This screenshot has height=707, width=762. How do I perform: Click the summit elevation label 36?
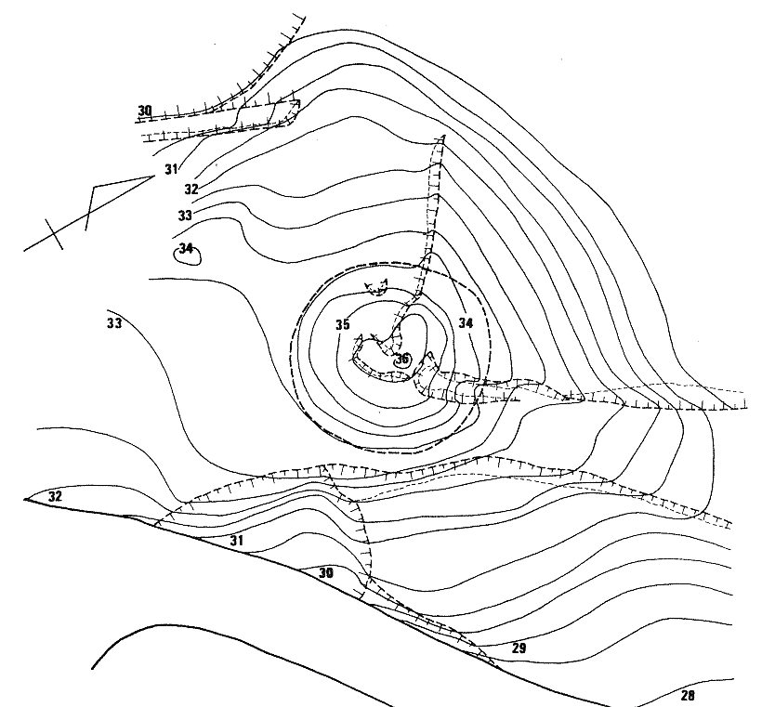point(401,360)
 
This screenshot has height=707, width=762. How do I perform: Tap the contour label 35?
point(343,324)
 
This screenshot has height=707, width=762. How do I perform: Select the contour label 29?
point(519,648)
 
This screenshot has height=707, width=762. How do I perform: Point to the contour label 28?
point(687,695)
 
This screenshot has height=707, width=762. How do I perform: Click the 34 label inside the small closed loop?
point(186,249)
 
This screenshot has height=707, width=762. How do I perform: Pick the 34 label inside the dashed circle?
point(466,322)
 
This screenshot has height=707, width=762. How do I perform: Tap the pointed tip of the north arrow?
point(153,177)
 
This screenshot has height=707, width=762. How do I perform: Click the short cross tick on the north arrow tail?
point(54,234)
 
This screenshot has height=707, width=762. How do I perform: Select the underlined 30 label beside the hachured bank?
point(145,111)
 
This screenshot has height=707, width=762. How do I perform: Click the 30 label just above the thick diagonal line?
point(326,573)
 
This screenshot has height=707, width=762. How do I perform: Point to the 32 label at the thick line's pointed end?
point(55,496)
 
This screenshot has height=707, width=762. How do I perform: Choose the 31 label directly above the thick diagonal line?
point(237,541)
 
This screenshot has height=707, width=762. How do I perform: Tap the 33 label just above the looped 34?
point(185,216)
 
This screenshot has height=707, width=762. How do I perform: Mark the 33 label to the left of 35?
point(114,323)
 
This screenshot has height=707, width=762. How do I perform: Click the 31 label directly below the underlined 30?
point(171,169)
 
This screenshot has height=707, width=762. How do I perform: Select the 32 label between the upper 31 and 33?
point(191,189)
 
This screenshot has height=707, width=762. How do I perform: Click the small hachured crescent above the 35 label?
point(376,288)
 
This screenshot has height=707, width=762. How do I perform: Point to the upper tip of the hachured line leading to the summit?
point(442,137)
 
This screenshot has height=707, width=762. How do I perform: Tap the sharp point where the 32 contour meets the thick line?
point(25,499)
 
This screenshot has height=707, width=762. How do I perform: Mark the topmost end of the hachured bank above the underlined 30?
point(305,18)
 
